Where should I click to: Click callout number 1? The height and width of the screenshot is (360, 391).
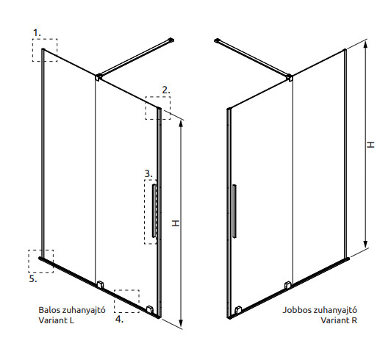click(x=37, y=32)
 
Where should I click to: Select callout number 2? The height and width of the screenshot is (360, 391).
click(x=166, y=90)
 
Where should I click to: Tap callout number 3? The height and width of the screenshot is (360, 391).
click(x=148, y=173)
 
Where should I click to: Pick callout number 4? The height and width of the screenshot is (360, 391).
click(x=119, y=319)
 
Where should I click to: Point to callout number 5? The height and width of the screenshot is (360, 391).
click(x=33, y=278)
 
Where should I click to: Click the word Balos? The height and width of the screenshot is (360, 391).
click(x=49, y=310)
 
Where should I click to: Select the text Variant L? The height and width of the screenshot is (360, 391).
click(x=57, y=320)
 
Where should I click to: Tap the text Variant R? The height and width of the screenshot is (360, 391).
click(x=339, y=320)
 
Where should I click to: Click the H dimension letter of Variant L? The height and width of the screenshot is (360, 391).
click(x=176, y=223)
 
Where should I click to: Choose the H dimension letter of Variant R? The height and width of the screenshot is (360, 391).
click(x=370, y=145)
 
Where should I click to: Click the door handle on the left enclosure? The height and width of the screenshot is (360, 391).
click(x=154, y=211)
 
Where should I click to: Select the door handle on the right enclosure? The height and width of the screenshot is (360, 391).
click(x=234, y=211)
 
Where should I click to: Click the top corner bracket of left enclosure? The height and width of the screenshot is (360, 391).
click(x=98, y=77)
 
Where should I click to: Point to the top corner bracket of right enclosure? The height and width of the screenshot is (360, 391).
click(x=290, y=77)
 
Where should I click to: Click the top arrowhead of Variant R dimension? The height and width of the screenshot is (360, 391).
click(x=365, y=45)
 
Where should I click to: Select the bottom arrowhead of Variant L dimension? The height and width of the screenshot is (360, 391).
click(x=182, y=323)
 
